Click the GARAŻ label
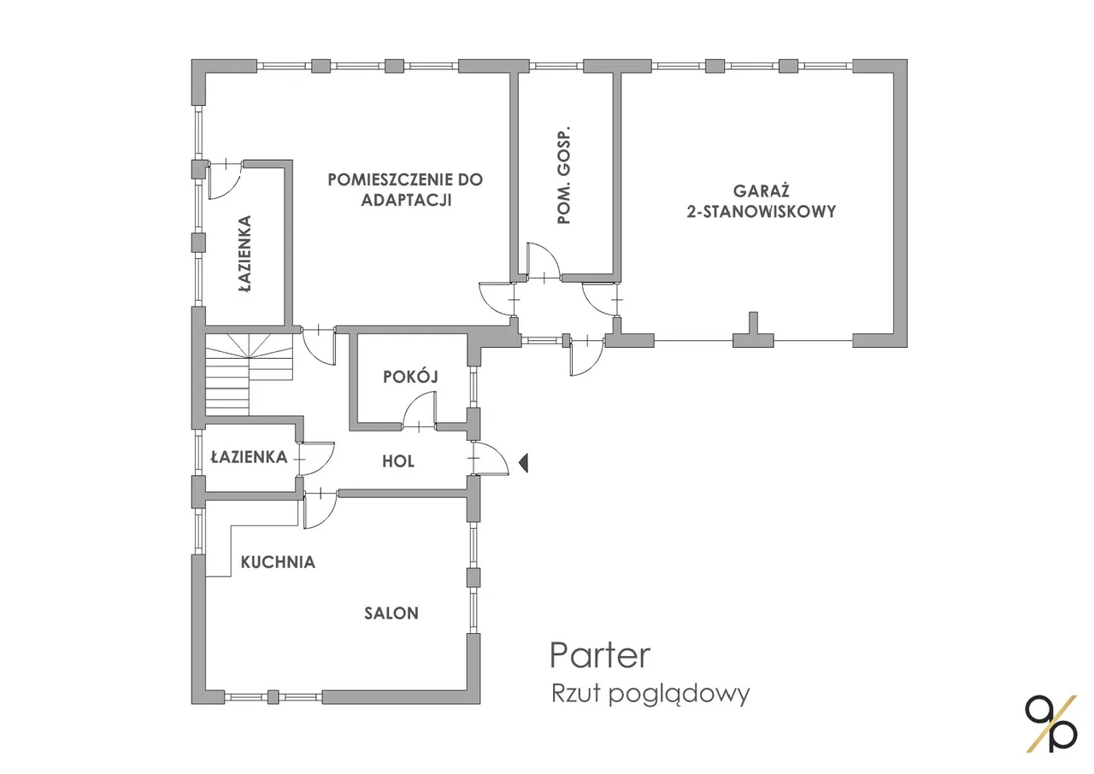pyautogui.click(x=761, y=191)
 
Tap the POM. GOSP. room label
pyautogui.click(x=563, y=176)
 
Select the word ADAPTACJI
pyautogui.click(x=406, y=200)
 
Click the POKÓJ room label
pyautogui.click(x=410, y=376)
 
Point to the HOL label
pyautogui.click(x=398, y=461)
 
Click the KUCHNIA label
pyautogui.click(x=278, y=562)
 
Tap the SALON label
pyautogui.click(x=391, y=613)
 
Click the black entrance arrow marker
pyautogui.click(x=524, y=462)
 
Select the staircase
pyautogui.click(x=249, y=374)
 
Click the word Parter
pyautogui.click(x=600, y=656)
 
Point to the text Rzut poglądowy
pyautogui.click(x=650, y=694)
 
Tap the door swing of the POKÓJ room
pyautogui.click(x=419, y=412)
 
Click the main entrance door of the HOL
pyautogui.click(x=490, y=458)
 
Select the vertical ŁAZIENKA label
pyautogui.click(x=245, y=254)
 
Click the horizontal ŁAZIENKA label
pyautogui.click(x=249, y=457)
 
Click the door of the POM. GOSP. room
pyautogui.click(x=543, y=261)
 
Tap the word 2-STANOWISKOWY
pyautogui.click(x=761, y=212)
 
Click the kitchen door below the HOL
pyautogui.click(x=320, y=509)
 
